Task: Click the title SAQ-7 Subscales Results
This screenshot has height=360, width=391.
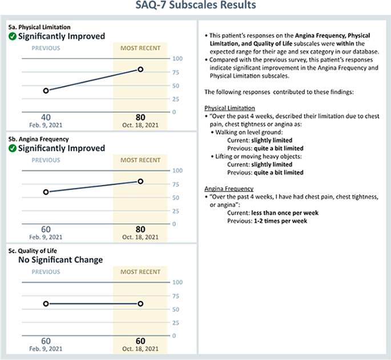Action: coord(196,6)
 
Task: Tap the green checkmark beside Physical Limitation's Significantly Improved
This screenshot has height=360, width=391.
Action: coord(13,36)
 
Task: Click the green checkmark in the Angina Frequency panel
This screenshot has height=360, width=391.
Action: coord(13,148)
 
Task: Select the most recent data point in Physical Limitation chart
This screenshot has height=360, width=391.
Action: coord(140,70)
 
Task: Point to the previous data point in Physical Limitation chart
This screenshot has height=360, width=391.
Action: coord(46,90)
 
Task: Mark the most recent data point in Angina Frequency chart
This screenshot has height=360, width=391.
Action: coord(140,181)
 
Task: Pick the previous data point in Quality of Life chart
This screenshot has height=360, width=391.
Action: coord(46,304)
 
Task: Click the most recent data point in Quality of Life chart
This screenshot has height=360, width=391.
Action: coord(140,304)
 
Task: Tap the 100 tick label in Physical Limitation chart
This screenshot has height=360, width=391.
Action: coord(177,58)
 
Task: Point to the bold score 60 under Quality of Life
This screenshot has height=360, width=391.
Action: coord(140,341)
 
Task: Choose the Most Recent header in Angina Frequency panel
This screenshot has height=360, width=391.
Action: coord(140,160)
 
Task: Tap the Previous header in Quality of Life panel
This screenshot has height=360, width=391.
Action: coord(46,271)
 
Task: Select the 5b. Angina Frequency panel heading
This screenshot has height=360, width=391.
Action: coord(37,139)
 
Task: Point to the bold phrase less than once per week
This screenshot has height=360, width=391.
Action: coord(285,213)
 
